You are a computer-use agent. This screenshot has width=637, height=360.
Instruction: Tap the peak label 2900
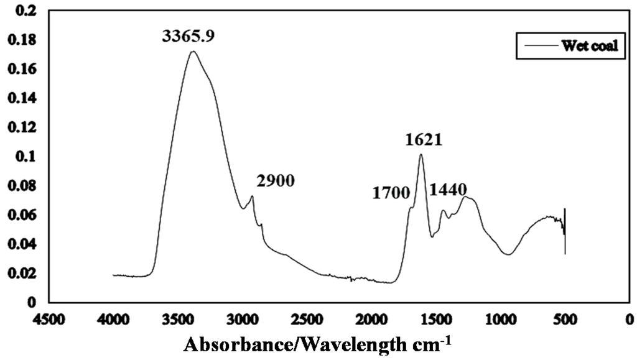point(274,181)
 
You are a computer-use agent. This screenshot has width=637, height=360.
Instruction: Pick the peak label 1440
point(447,188)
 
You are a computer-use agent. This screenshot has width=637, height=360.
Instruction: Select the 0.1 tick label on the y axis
point(28,157)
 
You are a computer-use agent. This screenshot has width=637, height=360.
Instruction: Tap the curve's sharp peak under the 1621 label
point(421,155)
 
